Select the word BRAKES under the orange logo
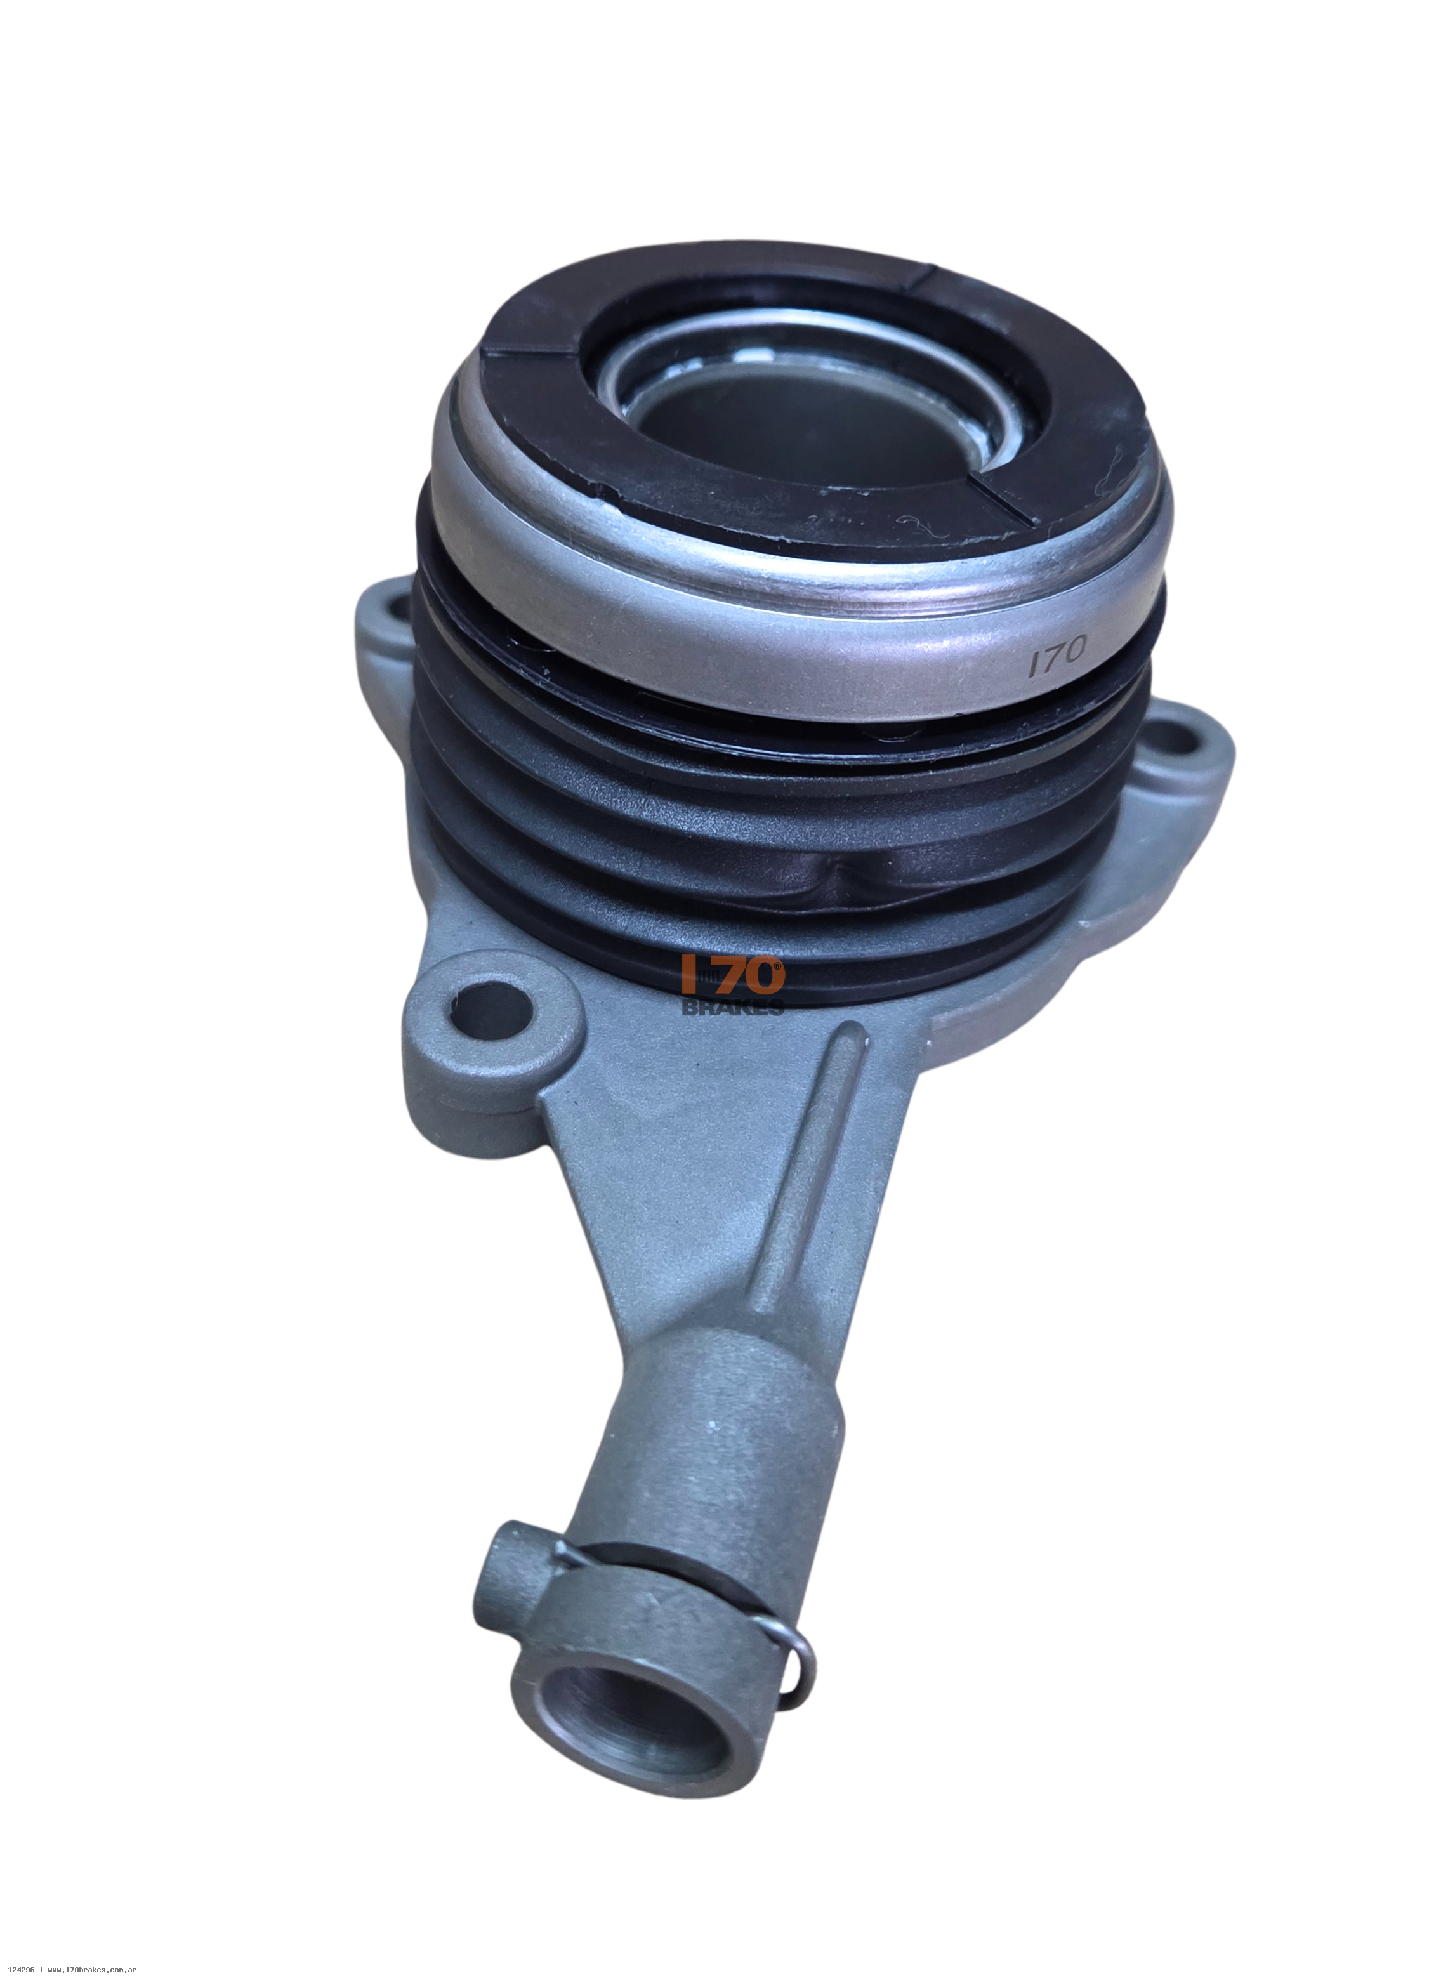pyautogui.click(x=732, y=1006)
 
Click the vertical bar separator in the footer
pyautogui.click(x=40, y=1969)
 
